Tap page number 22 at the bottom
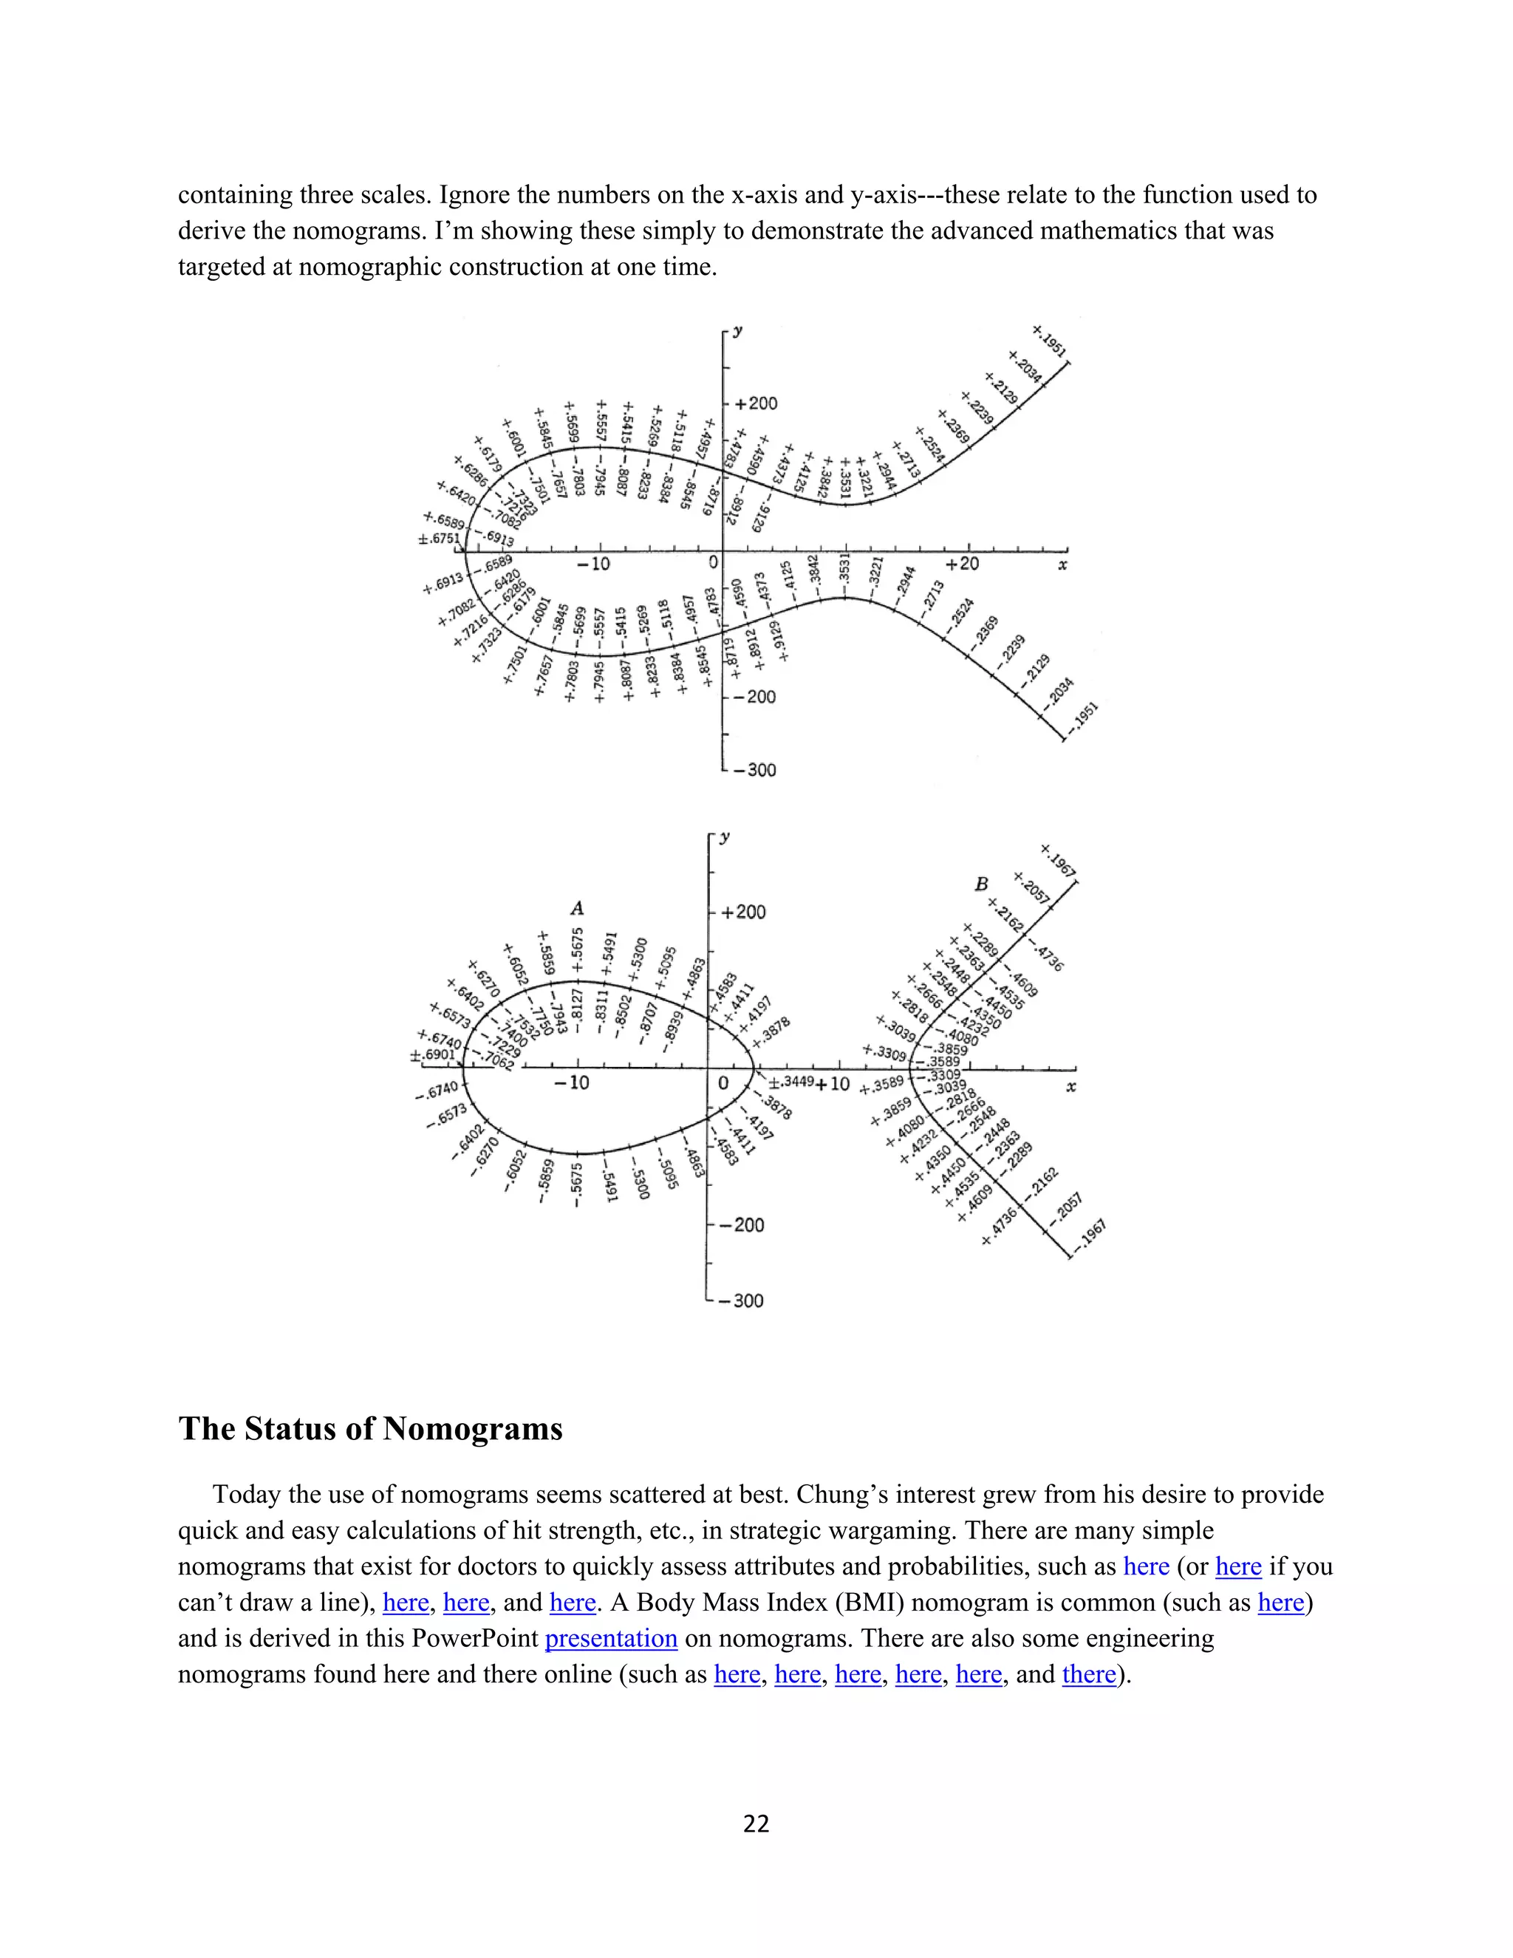point(756,1824)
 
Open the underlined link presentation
point(610,1638)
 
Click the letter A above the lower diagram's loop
point(576,909)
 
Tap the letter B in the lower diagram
point(982,884)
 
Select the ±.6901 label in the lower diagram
point(433,1054)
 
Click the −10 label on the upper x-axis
point(593,564)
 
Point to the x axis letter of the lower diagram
point(1070,1088)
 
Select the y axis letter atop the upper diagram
point(737,331)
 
